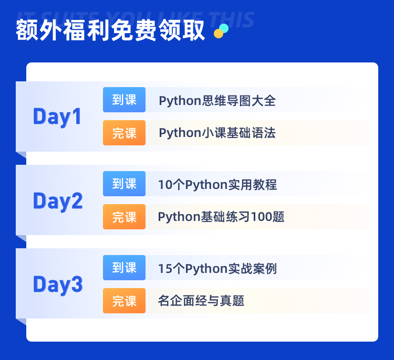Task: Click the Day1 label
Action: click(57, 117)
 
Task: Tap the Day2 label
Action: click(58, 200)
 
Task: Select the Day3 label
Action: click(58, 284)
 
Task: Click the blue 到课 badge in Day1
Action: click(124, 100)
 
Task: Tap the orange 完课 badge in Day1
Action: click(124, 133)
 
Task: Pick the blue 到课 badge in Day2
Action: click(124, 184)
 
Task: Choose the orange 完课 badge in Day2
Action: click(124, 217)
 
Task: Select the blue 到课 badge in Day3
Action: click(124, 268)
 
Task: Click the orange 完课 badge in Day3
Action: click(124, 301)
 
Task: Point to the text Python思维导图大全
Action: click(217, 101)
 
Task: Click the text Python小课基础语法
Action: click(217, 133)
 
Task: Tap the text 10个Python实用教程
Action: click(217, 185)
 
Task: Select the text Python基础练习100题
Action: click(221, 217)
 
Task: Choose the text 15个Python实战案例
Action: click(217, 269)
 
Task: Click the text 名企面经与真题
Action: click(201, 301)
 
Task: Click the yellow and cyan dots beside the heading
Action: click(221, 31)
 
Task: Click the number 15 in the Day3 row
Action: click(164, 269)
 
